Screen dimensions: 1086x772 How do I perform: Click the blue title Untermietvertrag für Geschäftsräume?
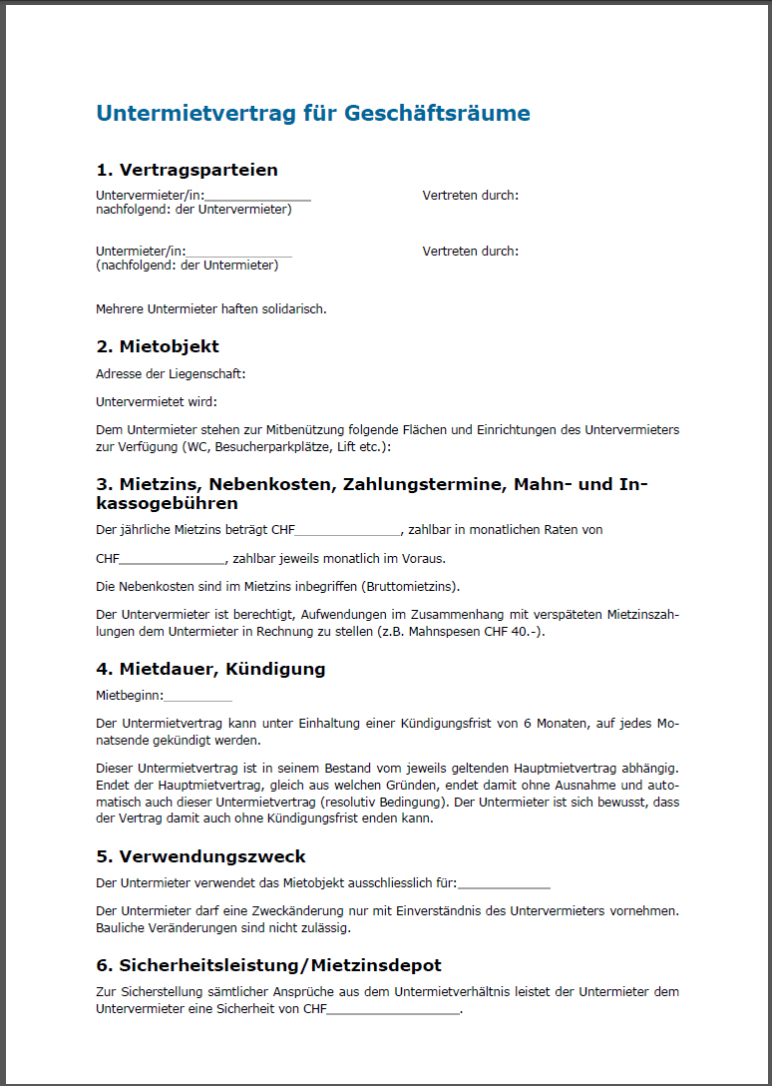pyautogui.click(x=312, y=113)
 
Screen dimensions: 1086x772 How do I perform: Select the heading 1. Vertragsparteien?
pyautogui.click(x=187, y=170)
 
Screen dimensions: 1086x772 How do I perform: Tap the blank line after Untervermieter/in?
pyautogui.click(x=257, y=197)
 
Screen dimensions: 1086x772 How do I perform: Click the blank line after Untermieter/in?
pyautogui.click(x=239, y=253)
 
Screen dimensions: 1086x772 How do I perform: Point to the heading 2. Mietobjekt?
pyautogui.click(x=158, y=346)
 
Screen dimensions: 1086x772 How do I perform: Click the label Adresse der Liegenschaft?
pyautogui.click(x=171, y=374)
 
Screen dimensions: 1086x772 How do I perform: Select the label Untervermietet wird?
pyautogui.click(x=155, y=401)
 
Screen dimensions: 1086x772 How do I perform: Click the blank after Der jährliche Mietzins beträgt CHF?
pyautogui.click(x=346, y=531)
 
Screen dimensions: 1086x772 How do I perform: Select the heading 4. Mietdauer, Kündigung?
pyautogui.click(x=210, y=669)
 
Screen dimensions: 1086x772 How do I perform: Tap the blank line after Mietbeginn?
pyautogui.click(x=197, y=697)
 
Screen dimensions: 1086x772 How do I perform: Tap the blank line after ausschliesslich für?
pyautogui.click(x=504, y=883)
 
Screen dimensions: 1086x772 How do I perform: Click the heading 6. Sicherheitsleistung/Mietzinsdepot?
pyautogui.click(x=268, y=965)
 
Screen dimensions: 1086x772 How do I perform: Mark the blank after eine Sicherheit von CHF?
pyautogui.click(x=393, y=1010)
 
